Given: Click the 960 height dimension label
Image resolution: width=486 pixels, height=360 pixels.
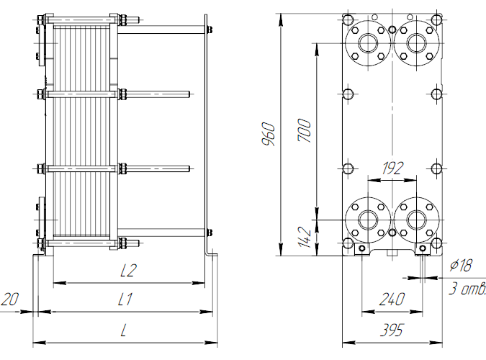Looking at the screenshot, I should [x=269, y=135].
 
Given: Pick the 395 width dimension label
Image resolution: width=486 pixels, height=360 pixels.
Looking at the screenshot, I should [x=391, y=331].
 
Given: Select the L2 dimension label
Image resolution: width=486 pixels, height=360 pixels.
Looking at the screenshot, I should [x=129, y=271].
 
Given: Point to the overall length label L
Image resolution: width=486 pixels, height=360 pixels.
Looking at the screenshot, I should [x=124, y=331].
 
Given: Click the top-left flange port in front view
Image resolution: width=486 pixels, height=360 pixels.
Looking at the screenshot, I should [x=369, y=42].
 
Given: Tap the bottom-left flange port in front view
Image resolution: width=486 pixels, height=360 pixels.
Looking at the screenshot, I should [x=369, y=219].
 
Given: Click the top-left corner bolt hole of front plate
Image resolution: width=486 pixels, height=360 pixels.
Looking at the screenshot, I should [x=348, y=19].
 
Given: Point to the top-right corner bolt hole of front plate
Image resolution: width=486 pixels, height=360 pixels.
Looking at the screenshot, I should [x=436, y=19].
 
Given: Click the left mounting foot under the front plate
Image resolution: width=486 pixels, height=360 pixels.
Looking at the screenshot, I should [x=360, y=249].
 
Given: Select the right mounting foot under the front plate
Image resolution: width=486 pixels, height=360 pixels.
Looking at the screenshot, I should [x=423, y=249].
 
